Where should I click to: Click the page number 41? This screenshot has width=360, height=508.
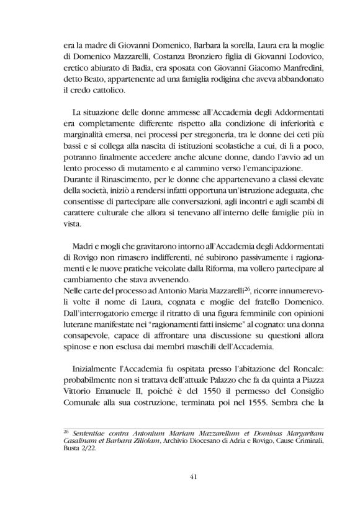click(179, 476)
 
